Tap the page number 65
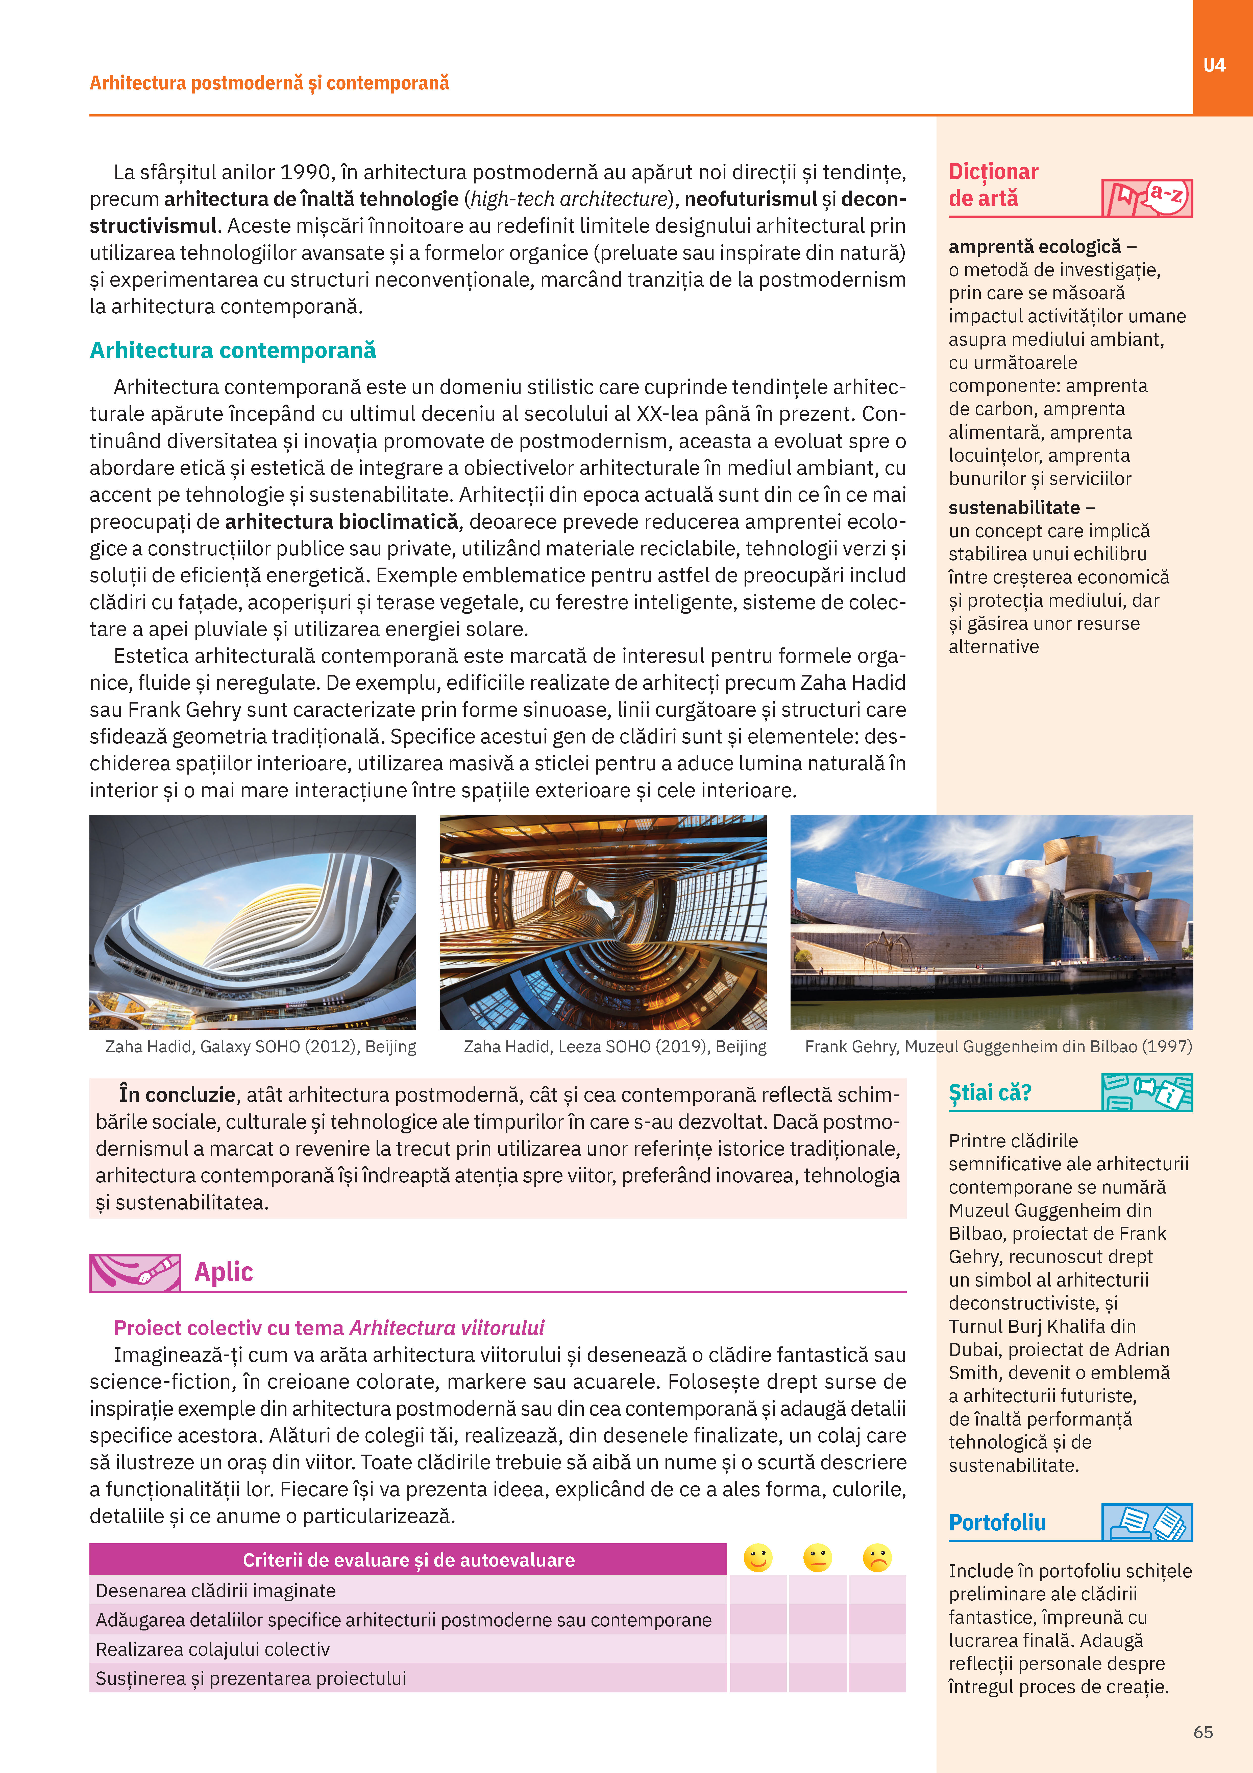[1203, 1732]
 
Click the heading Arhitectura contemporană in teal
[232, 351]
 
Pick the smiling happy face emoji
[757, 1558]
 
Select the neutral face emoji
[817, 1558]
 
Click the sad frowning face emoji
[877, 1558]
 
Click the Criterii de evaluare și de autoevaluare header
[408, 1560]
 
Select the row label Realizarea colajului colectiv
[212, 1649]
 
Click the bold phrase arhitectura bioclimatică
[341, 522]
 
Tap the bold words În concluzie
[177, 1095]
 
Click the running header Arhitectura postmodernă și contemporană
[269, 83]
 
